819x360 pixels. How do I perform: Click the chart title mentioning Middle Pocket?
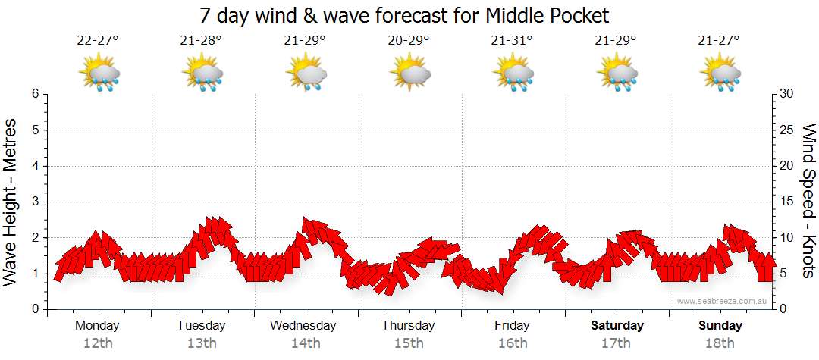(x=404, y=16)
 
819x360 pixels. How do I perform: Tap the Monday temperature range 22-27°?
(x=98, y=41)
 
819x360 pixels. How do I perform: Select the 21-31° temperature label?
(x=513, y=41)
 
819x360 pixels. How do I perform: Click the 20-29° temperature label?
(x=409, y=41)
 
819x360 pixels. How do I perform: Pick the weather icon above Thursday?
(x=410, y=73)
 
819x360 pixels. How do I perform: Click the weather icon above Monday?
(x=99, y=73)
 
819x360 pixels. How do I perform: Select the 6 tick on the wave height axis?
(x=35, y=94)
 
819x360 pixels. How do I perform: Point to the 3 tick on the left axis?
(x=35, y=202)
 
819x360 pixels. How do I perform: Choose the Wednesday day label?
(x=303, y=326)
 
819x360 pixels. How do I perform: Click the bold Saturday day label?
(x=617, y=326)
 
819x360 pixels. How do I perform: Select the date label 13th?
(x=201, y=343)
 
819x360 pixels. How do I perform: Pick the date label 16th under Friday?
(x=513, y=343)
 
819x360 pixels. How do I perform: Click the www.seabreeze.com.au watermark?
(x=722, y=301)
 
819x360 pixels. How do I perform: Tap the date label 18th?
(x=720, y=343)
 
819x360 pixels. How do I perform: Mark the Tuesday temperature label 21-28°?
(x=202, y=41)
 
